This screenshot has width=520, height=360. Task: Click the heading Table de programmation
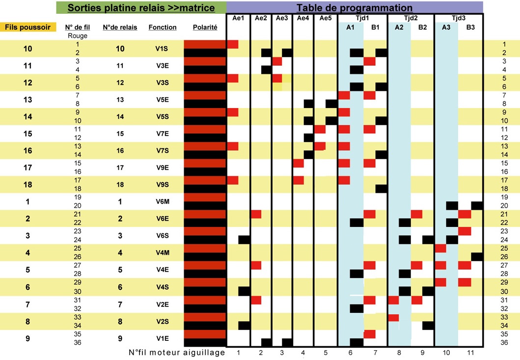[x=355, y=8]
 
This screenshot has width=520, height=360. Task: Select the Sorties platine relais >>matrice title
[x=141, y=8]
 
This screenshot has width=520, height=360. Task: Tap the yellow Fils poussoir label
[x=28, y=28]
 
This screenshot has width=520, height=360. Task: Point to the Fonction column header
[x=163, y=28]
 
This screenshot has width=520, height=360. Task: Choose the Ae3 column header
[x=282, y=18]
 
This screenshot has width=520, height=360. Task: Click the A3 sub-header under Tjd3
[x=446, y=28]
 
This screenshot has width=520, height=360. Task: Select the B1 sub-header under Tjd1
[x=376, y=28]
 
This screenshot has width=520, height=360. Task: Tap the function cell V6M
[x=163, y=201]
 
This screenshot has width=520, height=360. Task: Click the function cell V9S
[x=163, y=184]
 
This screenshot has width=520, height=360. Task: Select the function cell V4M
[x=163, y=252]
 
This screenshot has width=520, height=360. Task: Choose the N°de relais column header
[x=120, y=28]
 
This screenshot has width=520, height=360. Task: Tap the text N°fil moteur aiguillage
[x=177, y=352]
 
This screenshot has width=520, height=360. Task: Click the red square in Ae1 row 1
[x=233, y=44]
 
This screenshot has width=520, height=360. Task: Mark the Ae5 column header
[x=325, y=18]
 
